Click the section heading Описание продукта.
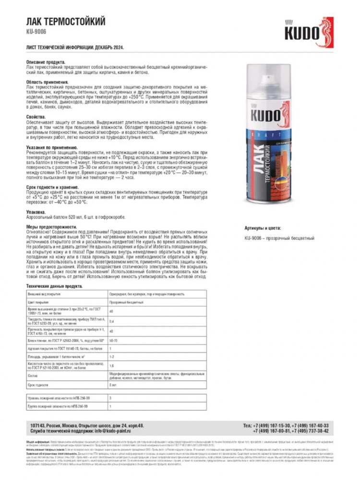(x=46, y=62)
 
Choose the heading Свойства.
(x=36, y=117)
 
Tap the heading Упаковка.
(x=36, y=211)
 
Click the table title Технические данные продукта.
(x=54, y=286)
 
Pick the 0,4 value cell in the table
(x=112, y=321)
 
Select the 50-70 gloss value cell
(x=114, y=340)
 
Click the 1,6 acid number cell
(x=112, y=365)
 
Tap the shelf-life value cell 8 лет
(x=113, y=385)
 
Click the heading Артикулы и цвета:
(x=263, y=228)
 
